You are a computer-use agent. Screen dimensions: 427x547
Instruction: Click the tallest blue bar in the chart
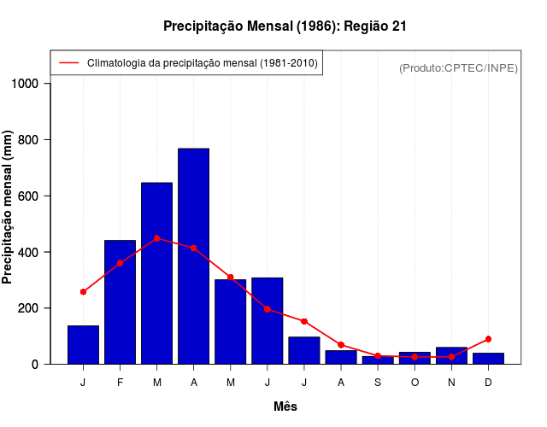point(193,256)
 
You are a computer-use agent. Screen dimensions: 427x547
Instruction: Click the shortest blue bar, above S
point(378,360)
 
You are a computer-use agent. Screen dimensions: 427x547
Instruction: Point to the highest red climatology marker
point(157,238)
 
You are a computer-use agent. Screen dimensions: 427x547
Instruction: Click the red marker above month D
point(488,339)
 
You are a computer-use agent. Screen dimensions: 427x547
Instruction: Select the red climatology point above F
point(120,263)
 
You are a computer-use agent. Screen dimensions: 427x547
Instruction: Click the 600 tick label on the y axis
point(30,196)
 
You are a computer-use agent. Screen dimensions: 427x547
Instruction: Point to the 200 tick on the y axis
point(30,308)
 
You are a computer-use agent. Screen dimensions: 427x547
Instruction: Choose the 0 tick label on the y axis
point(36,365)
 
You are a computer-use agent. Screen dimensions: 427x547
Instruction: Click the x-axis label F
point(120,383)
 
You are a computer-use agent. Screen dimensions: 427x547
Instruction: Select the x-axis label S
point(378,383)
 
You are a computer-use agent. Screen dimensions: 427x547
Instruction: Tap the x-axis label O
point(415,383)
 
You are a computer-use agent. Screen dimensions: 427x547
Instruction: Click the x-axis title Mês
point(285,407)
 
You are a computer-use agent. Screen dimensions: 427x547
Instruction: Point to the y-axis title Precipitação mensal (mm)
point(9,208)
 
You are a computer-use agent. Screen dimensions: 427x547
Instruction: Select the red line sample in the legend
point(68,63)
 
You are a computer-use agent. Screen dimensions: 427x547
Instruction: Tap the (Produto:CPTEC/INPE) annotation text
point(458,67)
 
